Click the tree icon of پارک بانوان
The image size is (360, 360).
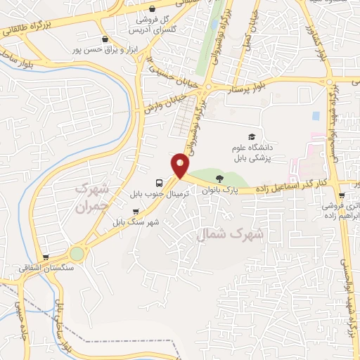(x=219, y=179)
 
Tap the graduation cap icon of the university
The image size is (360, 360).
(x=251, y=136)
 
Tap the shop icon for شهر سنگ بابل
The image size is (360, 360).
(x=146, y=212)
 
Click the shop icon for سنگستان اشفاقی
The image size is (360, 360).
(x=46, y=257)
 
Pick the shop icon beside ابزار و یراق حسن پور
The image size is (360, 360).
(x=105, y=40)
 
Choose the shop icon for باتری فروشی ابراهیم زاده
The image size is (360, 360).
(x=342, y=197)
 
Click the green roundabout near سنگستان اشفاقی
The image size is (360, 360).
(x=76, y=253)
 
